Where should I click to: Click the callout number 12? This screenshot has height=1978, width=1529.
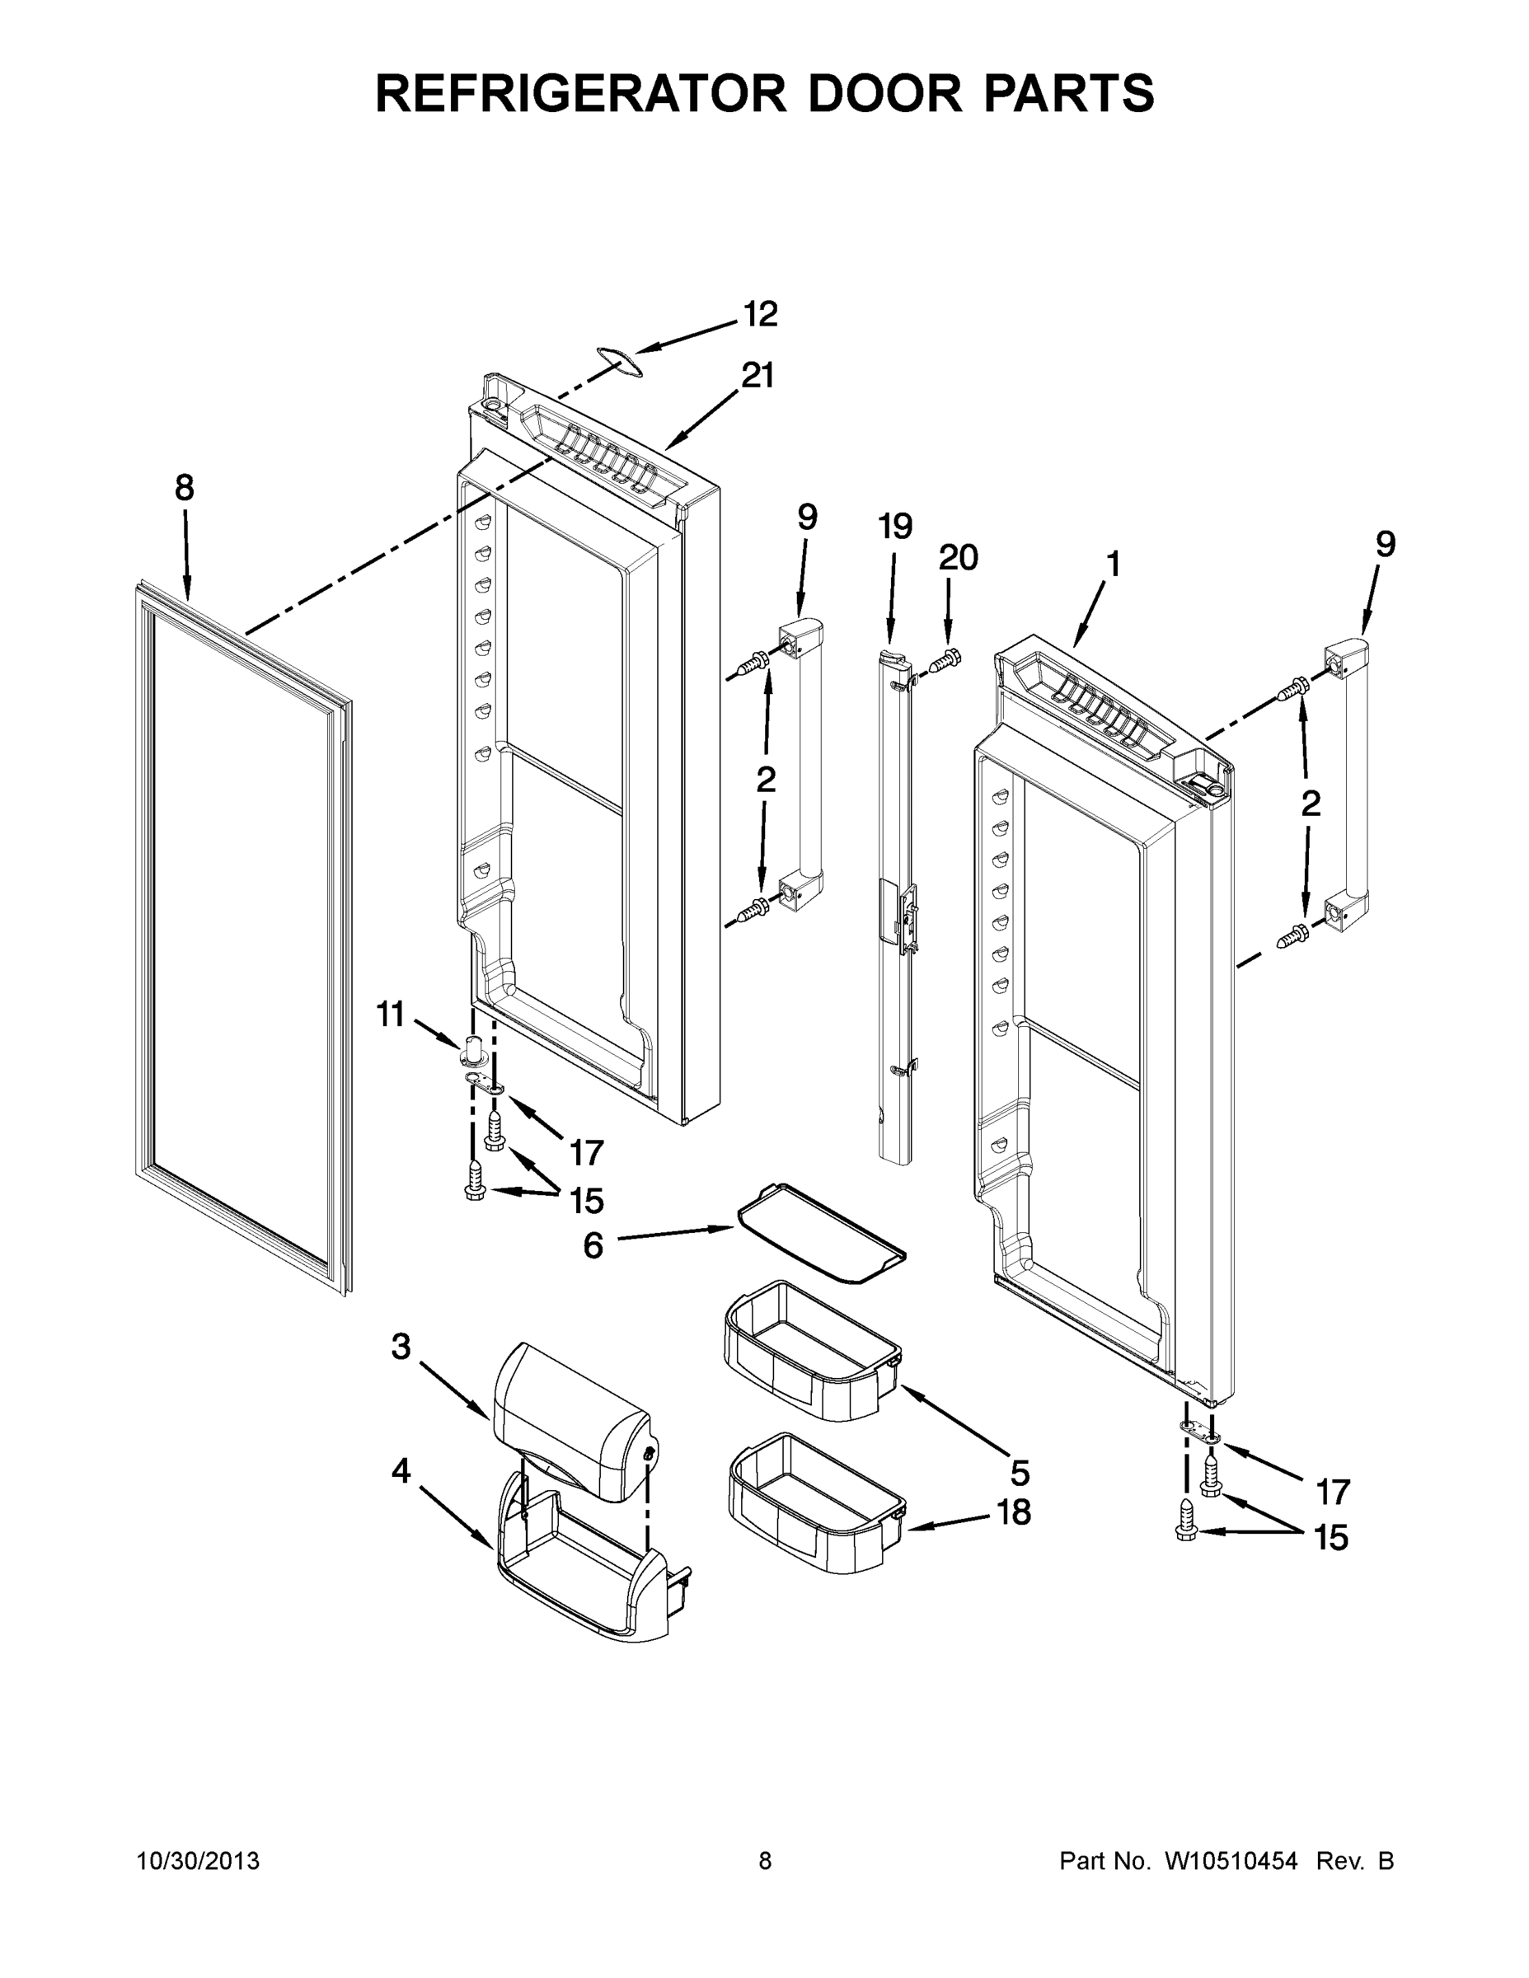click(760, 315)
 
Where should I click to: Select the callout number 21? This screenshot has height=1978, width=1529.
click(758, 376)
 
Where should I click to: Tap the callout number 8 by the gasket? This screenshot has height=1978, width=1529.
click(184, 489)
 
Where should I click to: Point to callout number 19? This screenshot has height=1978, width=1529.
click(895, 526)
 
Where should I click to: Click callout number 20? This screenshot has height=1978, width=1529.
click(958, 558)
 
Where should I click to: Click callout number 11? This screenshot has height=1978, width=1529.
click(391, 1015)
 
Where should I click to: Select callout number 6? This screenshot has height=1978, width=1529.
click(593, 1246)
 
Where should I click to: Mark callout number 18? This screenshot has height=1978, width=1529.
click(1014, 1512)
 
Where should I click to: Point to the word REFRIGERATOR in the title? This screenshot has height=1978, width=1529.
click(579, 92)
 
